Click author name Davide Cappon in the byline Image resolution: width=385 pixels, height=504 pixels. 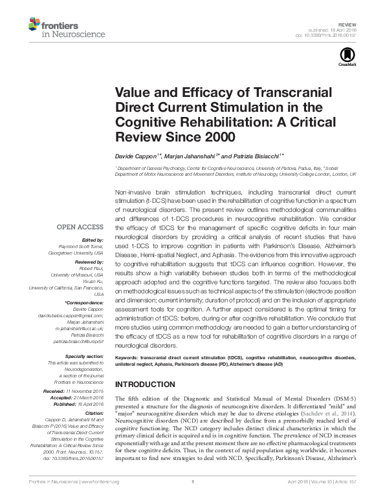[137, 156]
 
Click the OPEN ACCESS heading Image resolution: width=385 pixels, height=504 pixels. [80, 227]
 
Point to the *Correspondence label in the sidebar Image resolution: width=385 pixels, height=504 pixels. [84, 302]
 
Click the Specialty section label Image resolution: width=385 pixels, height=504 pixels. [83, 355]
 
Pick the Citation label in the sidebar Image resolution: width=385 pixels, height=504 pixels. [93, 412]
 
